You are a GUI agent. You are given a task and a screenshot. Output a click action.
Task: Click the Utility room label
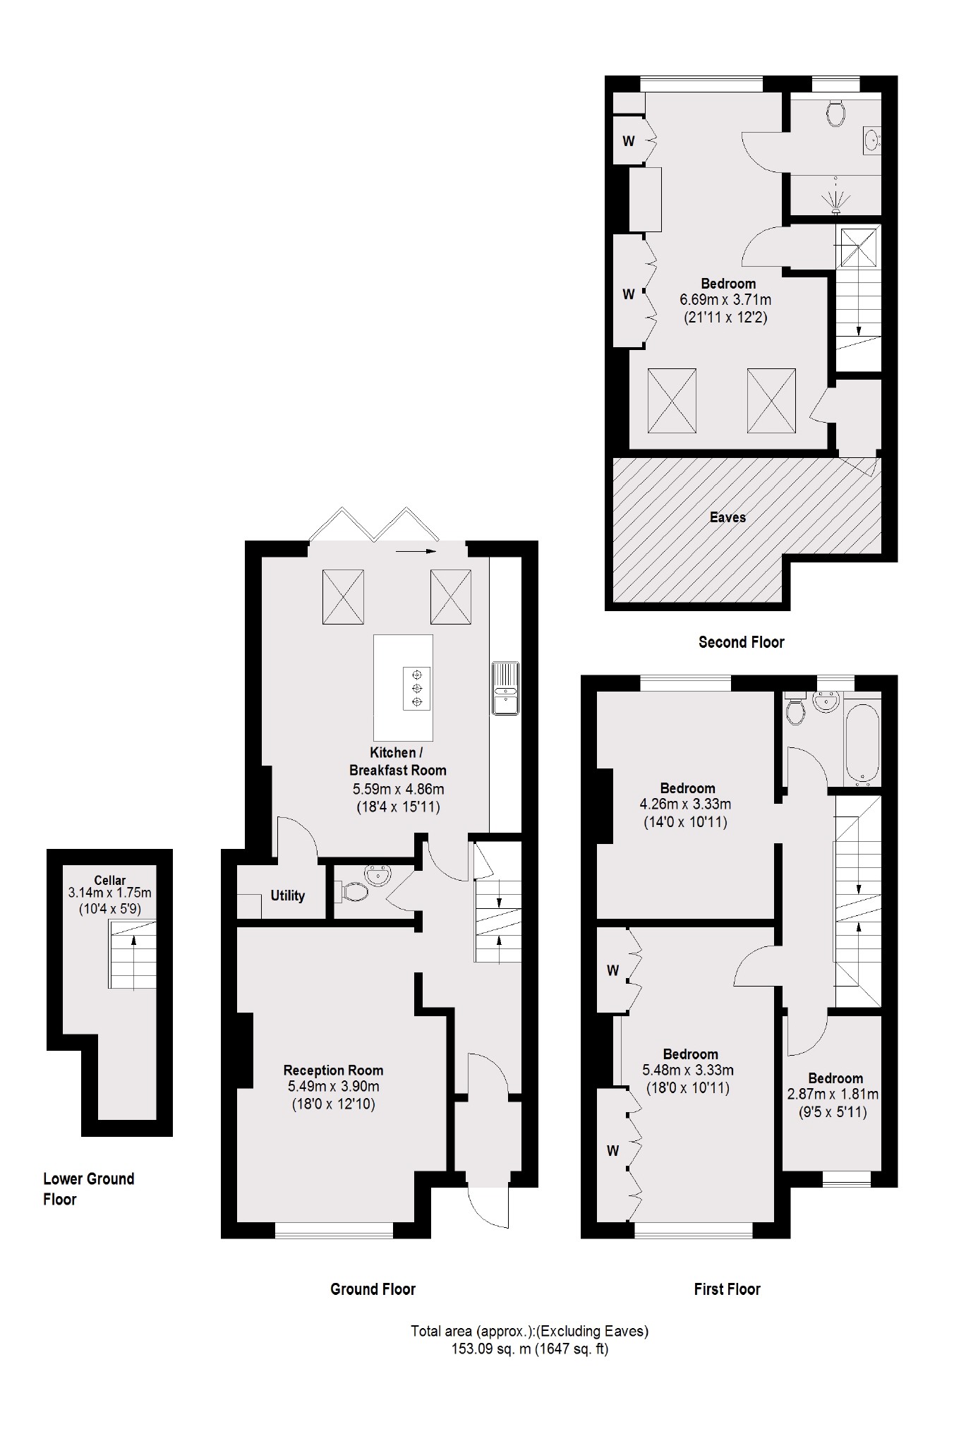pos(288,896)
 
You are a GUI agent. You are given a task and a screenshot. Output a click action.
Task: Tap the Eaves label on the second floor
pos(727,517)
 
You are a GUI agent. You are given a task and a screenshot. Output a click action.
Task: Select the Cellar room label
pos(110,880)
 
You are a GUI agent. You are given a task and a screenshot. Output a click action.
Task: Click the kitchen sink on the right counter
pos(505,688)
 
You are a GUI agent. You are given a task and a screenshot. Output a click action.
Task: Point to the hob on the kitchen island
pos(416,688)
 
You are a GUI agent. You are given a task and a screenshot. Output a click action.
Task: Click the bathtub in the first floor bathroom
pos(862,742)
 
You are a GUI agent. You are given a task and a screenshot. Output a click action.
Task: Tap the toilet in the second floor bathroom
pos(837,111)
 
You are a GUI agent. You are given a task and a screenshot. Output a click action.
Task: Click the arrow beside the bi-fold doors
pos(417,552)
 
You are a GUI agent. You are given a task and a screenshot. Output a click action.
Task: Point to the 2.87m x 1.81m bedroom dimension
pos(833,1095)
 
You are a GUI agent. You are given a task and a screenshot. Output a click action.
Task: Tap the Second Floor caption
pos(741,642)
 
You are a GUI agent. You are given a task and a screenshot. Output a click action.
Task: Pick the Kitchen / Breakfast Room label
pos(398,761)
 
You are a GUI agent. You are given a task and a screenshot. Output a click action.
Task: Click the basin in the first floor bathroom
pos(825,701)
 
